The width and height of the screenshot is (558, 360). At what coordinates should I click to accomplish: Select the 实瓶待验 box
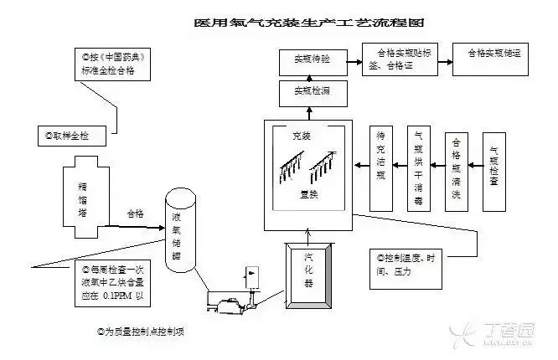311,60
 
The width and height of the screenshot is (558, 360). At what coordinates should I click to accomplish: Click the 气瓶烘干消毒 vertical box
418,167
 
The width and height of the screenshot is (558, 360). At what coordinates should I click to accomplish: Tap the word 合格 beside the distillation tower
135,213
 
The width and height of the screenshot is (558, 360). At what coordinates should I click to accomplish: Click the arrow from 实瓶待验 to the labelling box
353,59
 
